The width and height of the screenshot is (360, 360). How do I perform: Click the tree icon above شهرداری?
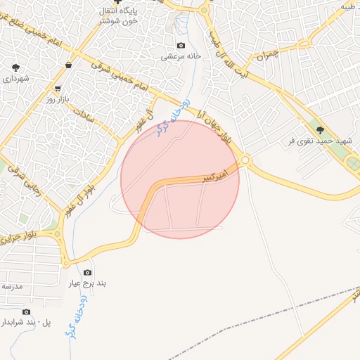(15, 67)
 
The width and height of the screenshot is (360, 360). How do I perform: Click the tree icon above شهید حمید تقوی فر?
(320, 129)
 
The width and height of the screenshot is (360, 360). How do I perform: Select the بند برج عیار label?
(88, 283)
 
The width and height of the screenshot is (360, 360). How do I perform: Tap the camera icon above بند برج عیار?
(87, 272)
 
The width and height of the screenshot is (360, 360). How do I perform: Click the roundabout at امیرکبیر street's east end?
(245, 161)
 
